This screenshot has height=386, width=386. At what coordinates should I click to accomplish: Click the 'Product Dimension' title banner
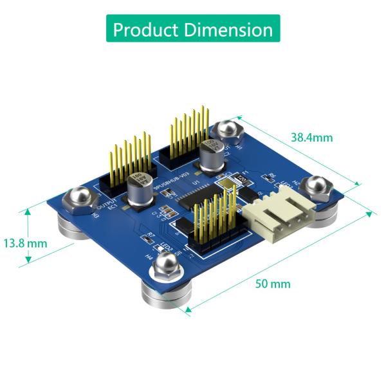[193, 29]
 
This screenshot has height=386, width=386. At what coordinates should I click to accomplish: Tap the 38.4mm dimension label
[312, 137]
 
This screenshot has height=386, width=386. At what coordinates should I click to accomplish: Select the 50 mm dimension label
[273, 284]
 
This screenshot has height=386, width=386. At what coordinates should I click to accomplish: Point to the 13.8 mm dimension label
[25, 244]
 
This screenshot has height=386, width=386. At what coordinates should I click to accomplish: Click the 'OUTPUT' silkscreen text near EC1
[104, 205]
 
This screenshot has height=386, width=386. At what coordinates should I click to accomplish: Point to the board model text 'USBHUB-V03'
[169, 178]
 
